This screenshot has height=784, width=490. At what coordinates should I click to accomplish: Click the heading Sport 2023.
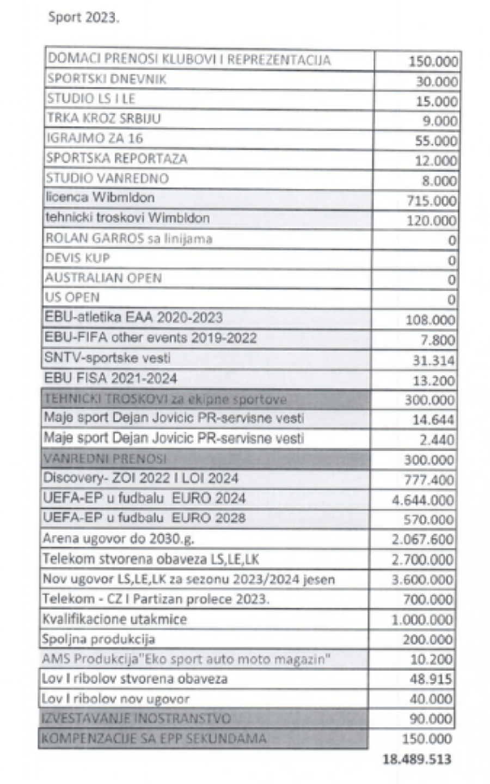pyautogui.click(x=83, y=17)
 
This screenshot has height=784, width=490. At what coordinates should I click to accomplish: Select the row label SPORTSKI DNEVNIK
pyautogui.click(x=106, y=79)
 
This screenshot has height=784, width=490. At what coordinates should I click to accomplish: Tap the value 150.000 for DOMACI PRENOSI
pyautogui.click(x=433, y=61)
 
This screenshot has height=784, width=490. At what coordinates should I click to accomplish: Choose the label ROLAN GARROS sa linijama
pyautogui.click(x=128, y=238)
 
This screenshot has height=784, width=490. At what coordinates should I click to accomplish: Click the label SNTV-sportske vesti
pyautogui.click(x=107, y=358)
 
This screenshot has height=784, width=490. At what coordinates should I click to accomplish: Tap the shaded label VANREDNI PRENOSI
pyautogui.click(x=105, y=458)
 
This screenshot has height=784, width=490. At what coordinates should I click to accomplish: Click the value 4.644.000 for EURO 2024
pyautogui.click(x=422, y=500)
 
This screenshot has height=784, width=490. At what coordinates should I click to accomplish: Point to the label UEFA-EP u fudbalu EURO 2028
pyautogui.click(x=144, y=517)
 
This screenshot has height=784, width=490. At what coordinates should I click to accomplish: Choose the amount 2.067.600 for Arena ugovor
pyautogui.click(x=422, y=539)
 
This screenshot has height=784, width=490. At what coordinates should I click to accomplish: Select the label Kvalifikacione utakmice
pyautogui.click(x=114, y=619)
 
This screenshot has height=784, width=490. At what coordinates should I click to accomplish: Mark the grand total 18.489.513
pyautogui.click(x=418, y=759)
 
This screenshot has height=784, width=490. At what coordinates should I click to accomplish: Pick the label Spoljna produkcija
pyautogui.click(x=99, y=639)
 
